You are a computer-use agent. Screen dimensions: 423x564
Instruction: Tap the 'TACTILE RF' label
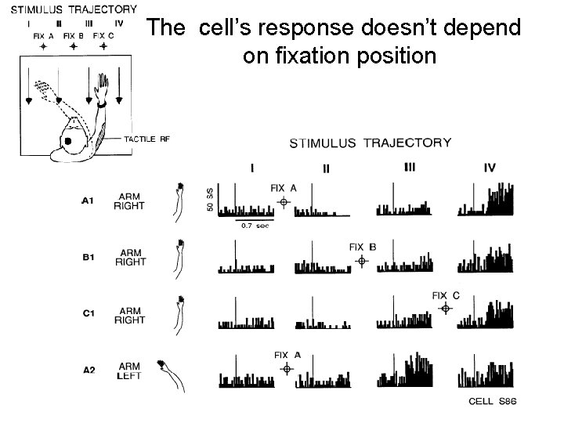click(146, 139)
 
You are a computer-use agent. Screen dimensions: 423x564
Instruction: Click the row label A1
click(89, 201)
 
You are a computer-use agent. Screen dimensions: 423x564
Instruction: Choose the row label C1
click(89, 315)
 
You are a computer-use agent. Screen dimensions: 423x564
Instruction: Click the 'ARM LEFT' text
click(131, 371)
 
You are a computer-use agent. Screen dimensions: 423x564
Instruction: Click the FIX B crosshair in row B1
click(361, 261)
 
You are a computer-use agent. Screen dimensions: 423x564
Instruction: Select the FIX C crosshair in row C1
click(445, 309)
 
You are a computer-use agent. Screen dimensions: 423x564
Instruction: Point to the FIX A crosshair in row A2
click(287, 368)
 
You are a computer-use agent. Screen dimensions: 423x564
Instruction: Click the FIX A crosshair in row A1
click(284, 201)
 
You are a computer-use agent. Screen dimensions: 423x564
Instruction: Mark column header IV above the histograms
click(490, 168)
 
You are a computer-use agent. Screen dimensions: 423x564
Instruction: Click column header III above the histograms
click(410, 167)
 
